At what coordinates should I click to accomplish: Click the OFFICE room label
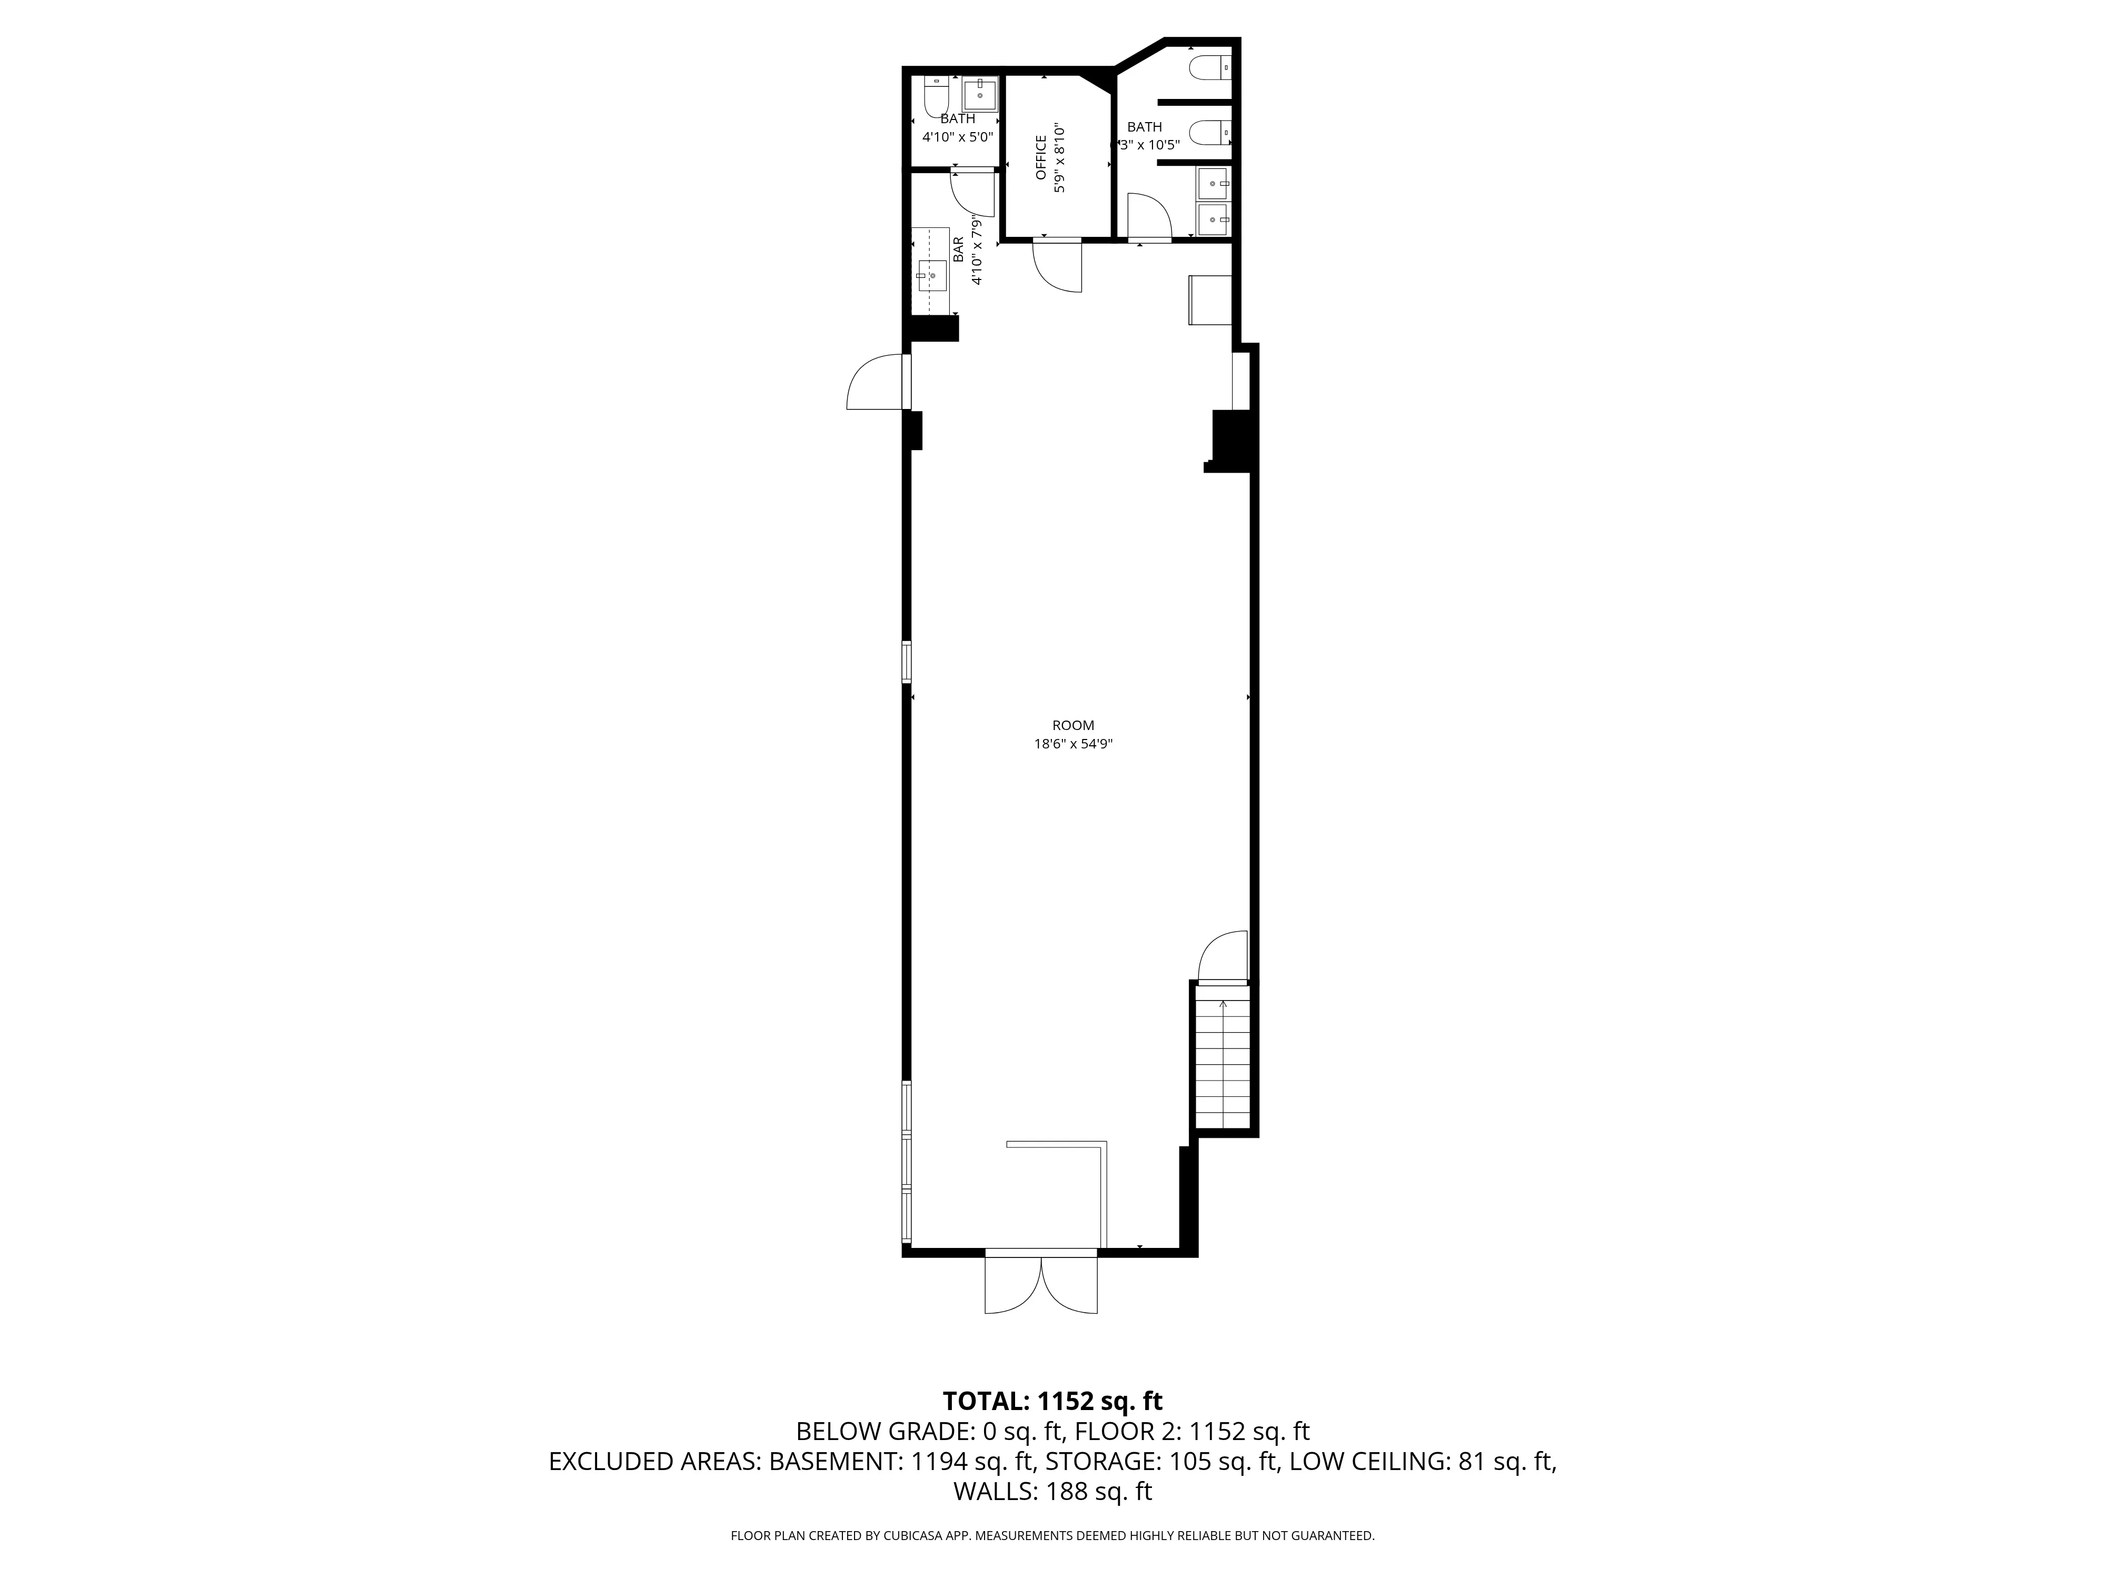tap(1040, 157)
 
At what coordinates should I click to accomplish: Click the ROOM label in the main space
tap(1073, 725)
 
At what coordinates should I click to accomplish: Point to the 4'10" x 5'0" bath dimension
tap(958, 136)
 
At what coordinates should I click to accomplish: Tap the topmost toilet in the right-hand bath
tap(1210, 67)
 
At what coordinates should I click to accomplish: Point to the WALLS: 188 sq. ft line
tap(1052, 1492)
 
